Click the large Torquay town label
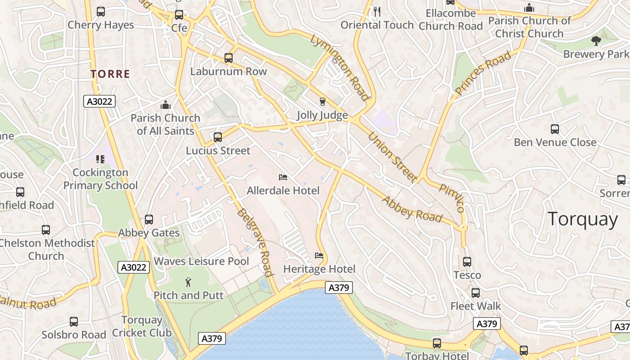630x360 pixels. (583, 220)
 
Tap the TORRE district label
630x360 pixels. (110, 74)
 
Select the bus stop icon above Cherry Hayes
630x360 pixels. (101, 12)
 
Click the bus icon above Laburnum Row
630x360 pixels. (229, 58)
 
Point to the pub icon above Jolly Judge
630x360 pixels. (322, 101)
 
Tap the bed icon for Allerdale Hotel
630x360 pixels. (283, 177)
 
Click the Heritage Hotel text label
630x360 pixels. (319, 269)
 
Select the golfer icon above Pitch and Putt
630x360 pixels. (188, 282)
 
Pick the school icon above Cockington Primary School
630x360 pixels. (100, 159)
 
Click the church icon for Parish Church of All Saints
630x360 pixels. (166, 105)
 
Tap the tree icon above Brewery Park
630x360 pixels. (596, 41)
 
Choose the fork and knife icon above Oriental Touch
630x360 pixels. (377, 12)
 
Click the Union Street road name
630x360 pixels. (392, 157)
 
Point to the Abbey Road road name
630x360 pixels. (412, 209)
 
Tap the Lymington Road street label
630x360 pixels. (340, 67)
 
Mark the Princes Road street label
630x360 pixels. (483, 73)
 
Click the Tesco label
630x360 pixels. (467, 275)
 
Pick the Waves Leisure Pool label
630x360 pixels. (201, 261)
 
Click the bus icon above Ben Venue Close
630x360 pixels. (555, 129)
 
